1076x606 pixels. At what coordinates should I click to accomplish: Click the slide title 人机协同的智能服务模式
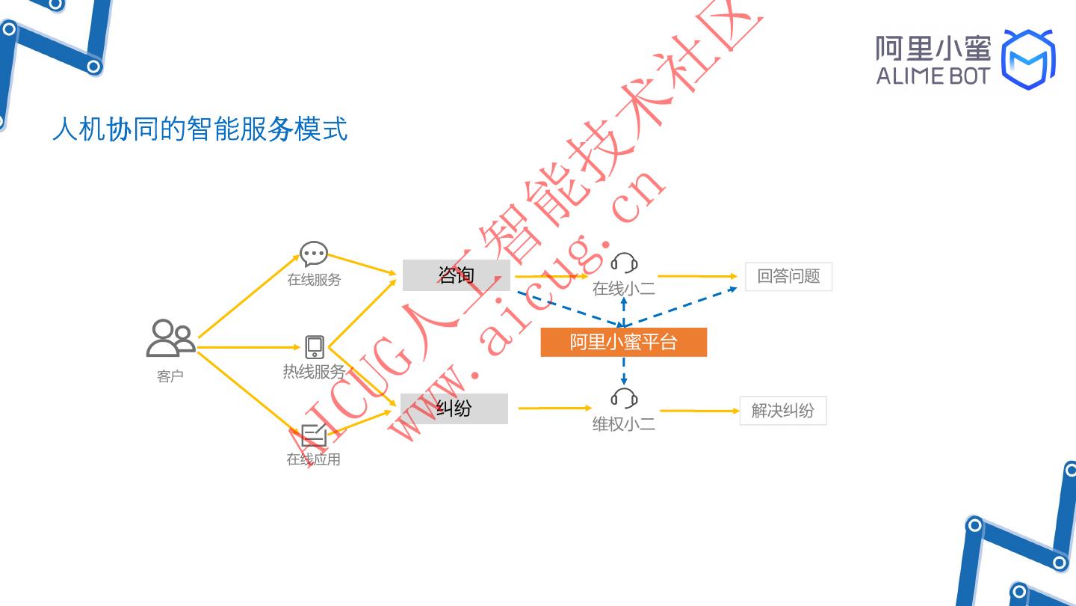coord(200,129)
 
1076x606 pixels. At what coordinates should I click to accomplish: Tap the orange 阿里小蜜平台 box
coord(623,342)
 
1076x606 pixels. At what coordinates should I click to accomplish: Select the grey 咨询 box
coord(457,275)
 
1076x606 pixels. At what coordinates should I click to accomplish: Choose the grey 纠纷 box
coord(454,408)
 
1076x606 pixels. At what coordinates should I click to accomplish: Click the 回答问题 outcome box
coord(788,277)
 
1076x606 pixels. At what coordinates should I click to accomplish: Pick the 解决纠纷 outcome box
coord(783,411)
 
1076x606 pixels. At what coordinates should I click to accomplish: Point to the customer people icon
coord(170,338)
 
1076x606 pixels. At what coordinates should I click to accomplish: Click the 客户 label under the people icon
coord(170,376)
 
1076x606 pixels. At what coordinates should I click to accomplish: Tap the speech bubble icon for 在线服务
coord(314,254)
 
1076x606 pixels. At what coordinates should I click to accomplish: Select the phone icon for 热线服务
coord(315,347)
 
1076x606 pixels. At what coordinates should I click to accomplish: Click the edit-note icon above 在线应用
coord(314,435)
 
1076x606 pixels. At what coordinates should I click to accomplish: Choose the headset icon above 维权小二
coord(624,398)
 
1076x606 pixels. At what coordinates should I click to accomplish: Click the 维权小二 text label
coord(624,424)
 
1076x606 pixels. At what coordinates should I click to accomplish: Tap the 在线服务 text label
coord(314,280)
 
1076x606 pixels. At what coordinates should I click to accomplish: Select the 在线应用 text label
coord(314,459)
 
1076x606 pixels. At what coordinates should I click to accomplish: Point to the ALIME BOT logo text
coord(933,76)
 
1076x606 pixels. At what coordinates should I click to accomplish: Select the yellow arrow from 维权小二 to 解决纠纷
coord(699,411)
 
